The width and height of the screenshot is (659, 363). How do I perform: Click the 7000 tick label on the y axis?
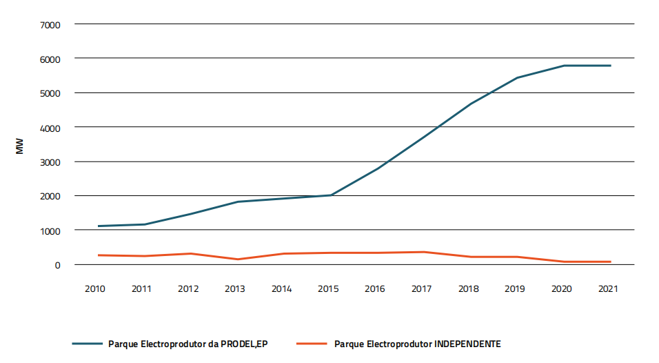(x=51, y=25)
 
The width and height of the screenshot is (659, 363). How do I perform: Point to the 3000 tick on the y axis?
(x=51, y=162)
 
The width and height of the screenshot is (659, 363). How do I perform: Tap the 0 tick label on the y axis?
(x=58, y=265)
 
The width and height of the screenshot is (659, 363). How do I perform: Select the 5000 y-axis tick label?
(x=51, y=93)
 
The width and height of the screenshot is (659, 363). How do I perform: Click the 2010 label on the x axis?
(x=95, y=289)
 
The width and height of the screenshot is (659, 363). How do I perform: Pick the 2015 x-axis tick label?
(x=329, y=289)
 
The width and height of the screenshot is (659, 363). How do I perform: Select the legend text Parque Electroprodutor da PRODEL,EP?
(x=187, y=344)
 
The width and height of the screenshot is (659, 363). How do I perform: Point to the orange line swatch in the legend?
(x=311, y=344)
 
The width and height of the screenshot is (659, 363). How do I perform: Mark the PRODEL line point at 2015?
(x=331, y=195)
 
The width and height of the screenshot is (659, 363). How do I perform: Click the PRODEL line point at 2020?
(x=564, y=66)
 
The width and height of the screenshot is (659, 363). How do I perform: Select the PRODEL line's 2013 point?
(x=237, y=202)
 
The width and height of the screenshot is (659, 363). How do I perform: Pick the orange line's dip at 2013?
(x=237, y=259)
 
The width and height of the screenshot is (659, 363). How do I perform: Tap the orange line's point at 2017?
(x=424, y=252)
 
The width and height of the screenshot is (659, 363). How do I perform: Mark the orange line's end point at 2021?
(x=611, y=262)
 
